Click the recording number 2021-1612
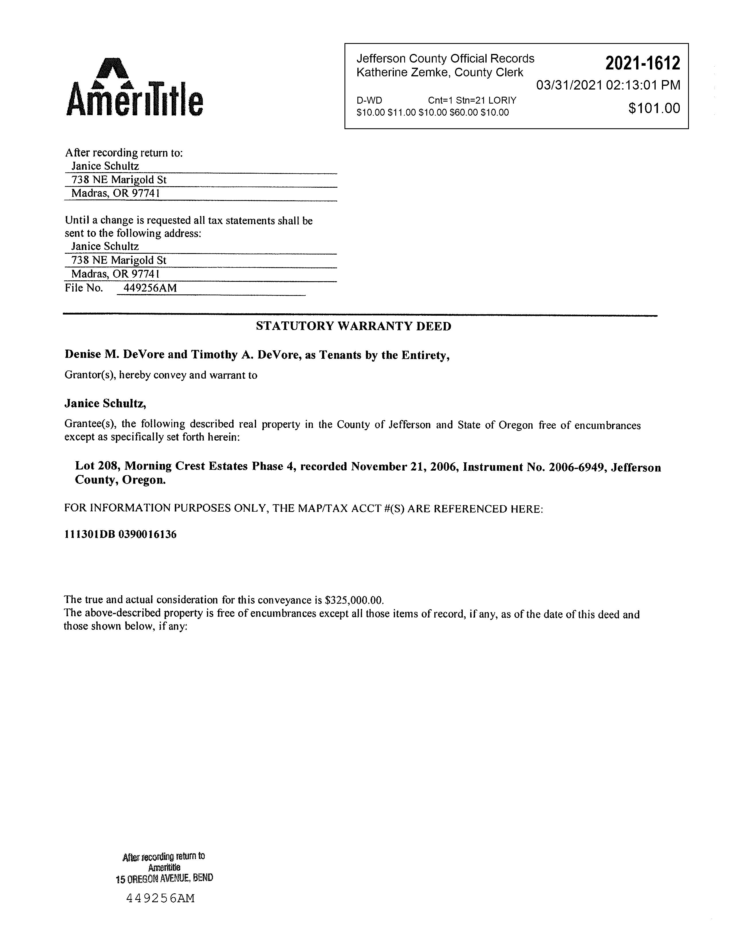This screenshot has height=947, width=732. pos(642,64)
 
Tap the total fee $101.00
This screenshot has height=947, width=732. pos(654,108)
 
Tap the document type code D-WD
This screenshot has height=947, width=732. pos(369,101)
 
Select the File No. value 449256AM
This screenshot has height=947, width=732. pos(150,288)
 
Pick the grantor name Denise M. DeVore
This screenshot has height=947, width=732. pos(115,355)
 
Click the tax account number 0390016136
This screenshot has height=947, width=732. pos(148,535)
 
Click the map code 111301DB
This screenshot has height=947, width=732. pos(89,535)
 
